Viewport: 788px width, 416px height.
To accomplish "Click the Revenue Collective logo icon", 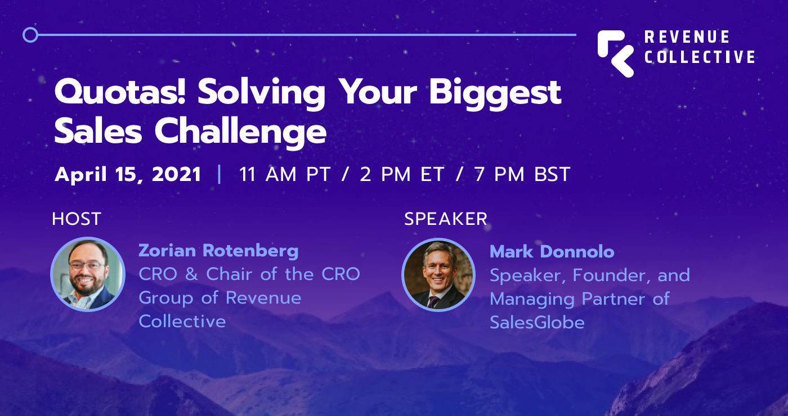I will point(616,53).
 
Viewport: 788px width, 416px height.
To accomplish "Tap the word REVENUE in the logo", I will point(687,37).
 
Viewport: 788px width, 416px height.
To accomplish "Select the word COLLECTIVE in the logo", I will point(700,57).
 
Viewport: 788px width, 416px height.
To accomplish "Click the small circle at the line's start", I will point(30,35).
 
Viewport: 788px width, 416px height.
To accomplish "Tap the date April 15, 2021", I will point(128,174).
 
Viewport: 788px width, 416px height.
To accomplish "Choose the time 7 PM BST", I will point(522,174).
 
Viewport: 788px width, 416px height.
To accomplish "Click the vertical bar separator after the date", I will point(220,174).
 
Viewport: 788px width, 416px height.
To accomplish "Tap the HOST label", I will point(77,219).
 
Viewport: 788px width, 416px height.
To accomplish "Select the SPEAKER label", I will point(446,219).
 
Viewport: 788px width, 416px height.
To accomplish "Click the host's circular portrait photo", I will point(88,274).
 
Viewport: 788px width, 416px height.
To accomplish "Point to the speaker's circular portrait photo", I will point(439,274).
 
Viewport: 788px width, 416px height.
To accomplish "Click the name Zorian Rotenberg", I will point(218,251).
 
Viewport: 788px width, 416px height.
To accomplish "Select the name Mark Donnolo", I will point(552,251).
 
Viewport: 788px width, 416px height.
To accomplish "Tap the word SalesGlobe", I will point(537,322).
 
